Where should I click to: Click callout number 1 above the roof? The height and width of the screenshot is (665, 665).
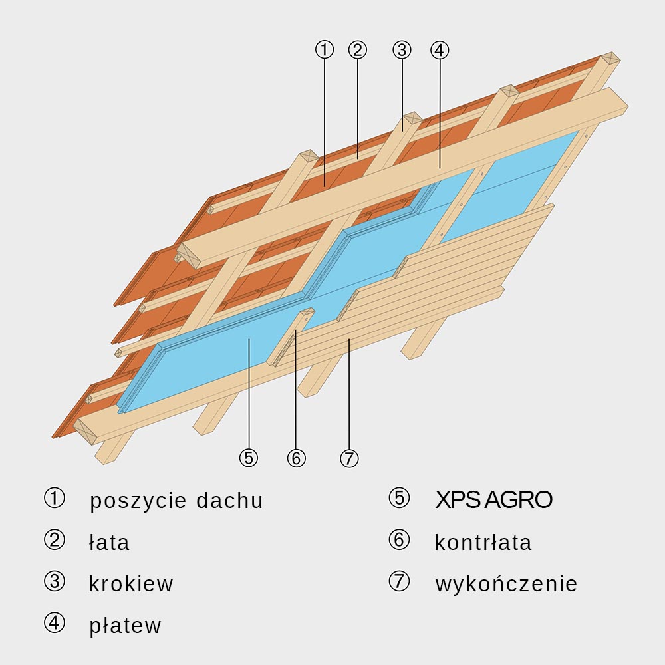pyautogui.click(x=325, y=49)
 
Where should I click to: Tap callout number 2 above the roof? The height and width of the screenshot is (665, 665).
pyautogui.click(x=357, y=49)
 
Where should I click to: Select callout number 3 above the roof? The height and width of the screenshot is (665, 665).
pyautogui.click(x=402, y=49)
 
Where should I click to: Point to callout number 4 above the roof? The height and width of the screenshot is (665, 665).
pyautogui.click(x=440, y=49)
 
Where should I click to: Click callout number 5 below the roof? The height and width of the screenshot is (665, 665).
pyautogui.click(x=248, y=458)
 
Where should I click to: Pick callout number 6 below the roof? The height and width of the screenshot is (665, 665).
pyautogui.click(x=296, y=458)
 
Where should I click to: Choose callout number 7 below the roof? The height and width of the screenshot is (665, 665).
pyautogui.click(x=348, y=458)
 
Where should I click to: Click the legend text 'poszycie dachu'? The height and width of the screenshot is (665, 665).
pyautogui.click(x=176, y=501)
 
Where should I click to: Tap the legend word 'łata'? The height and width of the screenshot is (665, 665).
pyautogui.click(x=109, y=543)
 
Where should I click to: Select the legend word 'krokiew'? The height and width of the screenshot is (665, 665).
pyautogui.click(x=130, y=584)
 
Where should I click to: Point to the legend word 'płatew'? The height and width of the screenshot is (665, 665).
pyautogui.click(x=125, y=626)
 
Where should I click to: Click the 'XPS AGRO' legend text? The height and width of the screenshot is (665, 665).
pyautogui.click(x=493, y=500)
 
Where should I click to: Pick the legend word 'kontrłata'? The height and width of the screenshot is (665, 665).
pyautogui.click(x=483, y=542)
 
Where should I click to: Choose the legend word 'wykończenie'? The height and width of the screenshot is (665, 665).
pyautogui.click(x=506, y=584)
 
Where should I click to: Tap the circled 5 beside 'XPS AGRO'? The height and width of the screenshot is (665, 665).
pyautogui.click(x=399, y=498)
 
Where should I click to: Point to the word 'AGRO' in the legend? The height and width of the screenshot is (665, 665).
pyautogui.click(x=518, y=500)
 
